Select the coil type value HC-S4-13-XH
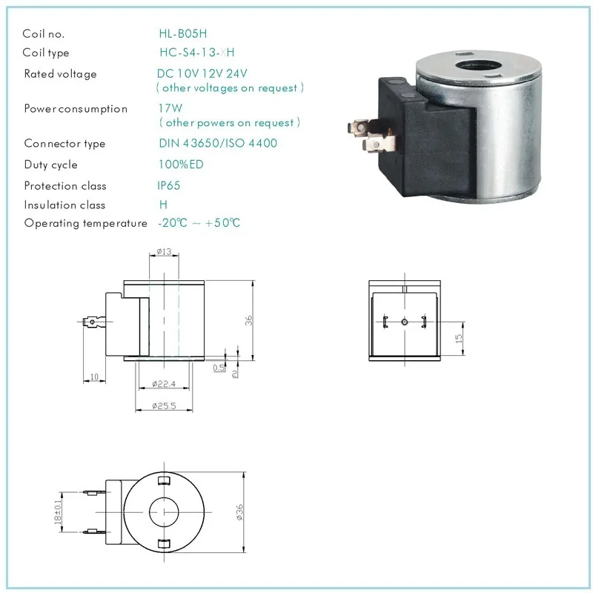[x=197, y=53]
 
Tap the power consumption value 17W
[x=170, y=108]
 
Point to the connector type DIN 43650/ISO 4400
[x=218, y=143]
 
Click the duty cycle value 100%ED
[x=181, y=165]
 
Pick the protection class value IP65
[x=169, y=185]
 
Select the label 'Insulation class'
[x=64, y=205]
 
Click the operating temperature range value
[x=199, y=223]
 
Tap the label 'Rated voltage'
[x=60, y=74]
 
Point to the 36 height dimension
[x=250, y=320]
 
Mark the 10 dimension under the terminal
[x=94, y=378]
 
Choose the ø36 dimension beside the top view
[x=239, y=512]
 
